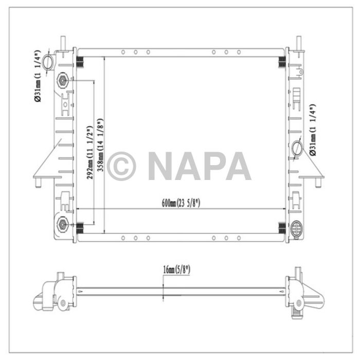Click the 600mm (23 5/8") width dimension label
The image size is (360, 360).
(x=181, y=203)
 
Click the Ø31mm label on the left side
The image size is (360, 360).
(x=38, y=78)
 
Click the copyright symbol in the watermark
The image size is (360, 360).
(x=121, y=166)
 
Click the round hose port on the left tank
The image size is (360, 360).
(x=48, y=63)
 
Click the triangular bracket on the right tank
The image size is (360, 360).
(x=312, y=167)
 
